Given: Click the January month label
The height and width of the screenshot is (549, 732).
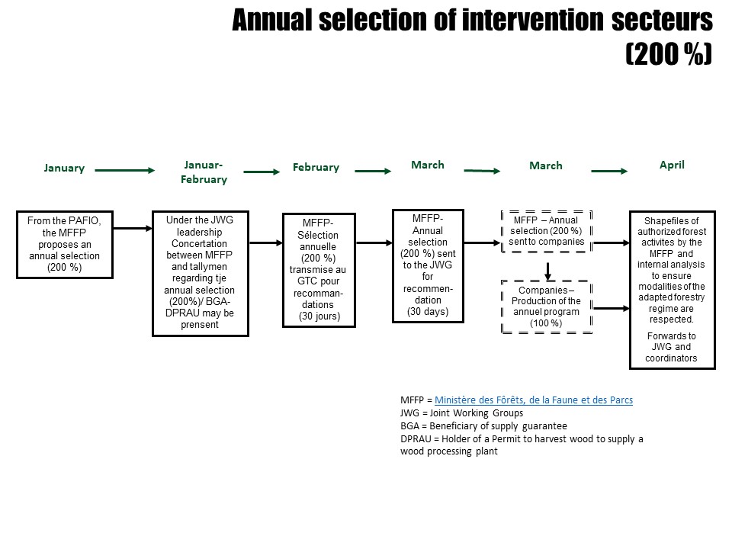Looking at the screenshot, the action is [x=64, y=168].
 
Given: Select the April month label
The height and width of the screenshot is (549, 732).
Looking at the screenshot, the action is [x=672, y=165].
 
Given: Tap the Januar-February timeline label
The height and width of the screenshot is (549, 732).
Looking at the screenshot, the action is [x=204, y=172].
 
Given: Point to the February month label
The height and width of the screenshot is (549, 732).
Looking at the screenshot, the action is [x=316, y=167].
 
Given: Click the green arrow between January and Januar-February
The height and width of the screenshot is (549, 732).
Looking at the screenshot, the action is [x=124, y=170].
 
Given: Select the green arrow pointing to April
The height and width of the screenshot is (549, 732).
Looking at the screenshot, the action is [x=609, y=172].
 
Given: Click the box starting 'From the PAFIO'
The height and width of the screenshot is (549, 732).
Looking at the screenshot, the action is [x=65, y=245].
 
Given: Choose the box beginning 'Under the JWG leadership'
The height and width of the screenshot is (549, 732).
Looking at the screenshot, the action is [x=201, y=273].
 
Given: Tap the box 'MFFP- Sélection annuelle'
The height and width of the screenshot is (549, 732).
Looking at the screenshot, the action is [x=319, y=270].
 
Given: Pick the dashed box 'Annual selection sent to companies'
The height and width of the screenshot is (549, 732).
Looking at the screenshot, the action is [x=546, y=231].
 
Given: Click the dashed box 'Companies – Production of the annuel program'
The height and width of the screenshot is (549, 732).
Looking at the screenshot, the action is [x=546, y=307].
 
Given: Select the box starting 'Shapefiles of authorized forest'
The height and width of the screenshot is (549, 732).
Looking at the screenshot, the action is [x=673, y=290].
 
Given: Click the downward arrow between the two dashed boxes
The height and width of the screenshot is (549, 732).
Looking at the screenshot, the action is [x=548, y=271].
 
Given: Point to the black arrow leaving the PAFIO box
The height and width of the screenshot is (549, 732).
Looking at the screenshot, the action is [x=133, y=228].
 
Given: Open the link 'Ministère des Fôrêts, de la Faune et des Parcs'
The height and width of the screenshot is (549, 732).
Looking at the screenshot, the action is [x=534, y=400].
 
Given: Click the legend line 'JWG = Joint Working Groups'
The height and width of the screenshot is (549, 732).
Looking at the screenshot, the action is [x=462, y=413].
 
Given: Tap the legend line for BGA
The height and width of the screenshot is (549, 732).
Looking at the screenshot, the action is [x=483, y=425].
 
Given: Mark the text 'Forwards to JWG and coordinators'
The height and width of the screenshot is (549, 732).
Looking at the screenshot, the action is [x=671, y=347].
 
